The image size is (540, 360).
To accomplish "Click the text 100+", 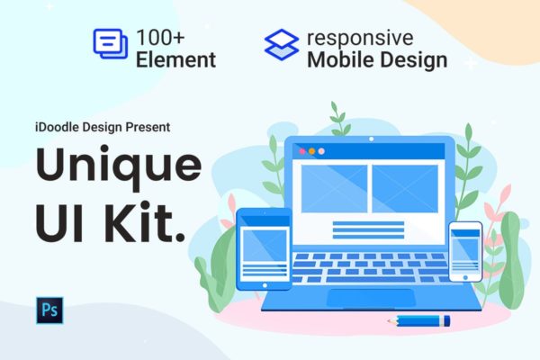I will point(162,38).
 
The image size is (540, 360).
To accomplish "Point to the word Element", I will point(176,60).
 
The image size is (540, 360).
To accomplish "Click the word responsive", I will point(360,38).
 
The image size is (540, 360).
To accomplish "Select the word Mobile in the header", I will point(337,60).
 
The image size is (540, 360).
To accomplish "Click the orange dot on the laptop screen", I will point(312,151).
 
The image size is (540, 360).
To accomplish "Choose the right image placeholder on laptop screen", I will point(405,188).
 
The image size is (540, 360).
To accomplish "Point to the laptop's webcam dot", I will point(372,139).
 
